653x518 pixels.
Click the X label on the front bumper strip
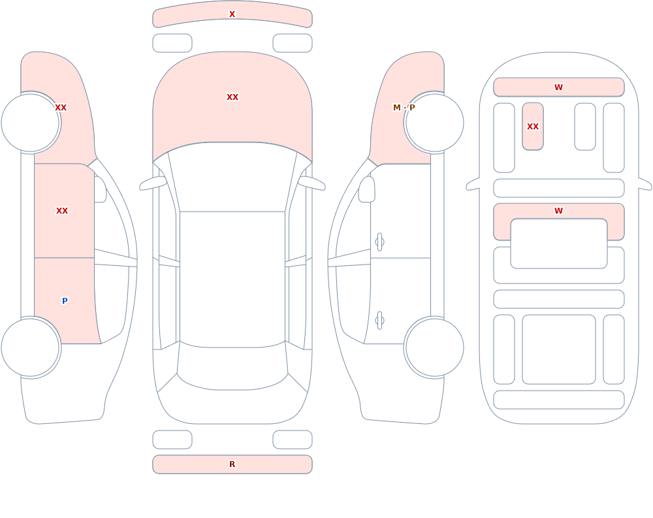pos(232,14)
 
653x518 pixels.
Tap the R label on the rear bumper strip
pos(232,464)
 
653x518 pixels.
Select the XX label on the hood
pos(232,97)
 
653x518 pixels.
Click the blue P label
pos(65,301)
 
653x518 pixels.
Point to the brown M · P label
pos(404,108)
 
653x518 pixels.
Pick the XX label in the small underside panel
pos(533,126)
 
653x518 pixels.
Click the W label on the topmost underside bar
pos(558,87)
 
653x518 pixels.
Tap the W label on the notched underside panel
pos(558,211)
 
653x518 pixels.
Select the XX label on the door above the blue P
pos(62,211)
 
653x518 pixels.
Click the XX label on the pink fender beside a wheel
pos(61,108)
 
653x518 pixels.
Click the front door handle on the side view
pos(379,242)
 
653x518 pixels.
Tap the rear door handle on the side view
pos(379,321)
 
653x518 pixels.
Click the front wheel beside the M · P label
pos(434,123)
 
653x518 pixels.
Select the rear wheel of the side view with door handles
pos(434,347)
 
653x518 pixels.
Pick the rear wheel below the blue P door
pos(31,347)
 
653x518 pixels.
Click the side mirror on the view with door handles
pos(367,189)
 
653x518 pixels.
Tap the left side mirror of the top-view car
pos(153,183)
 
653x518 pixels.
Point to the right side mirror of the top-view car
pos(311,183)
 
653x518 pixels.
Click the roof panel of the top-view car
pos(232,278)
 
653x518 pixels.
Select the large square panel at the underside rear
pos(558,349)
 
